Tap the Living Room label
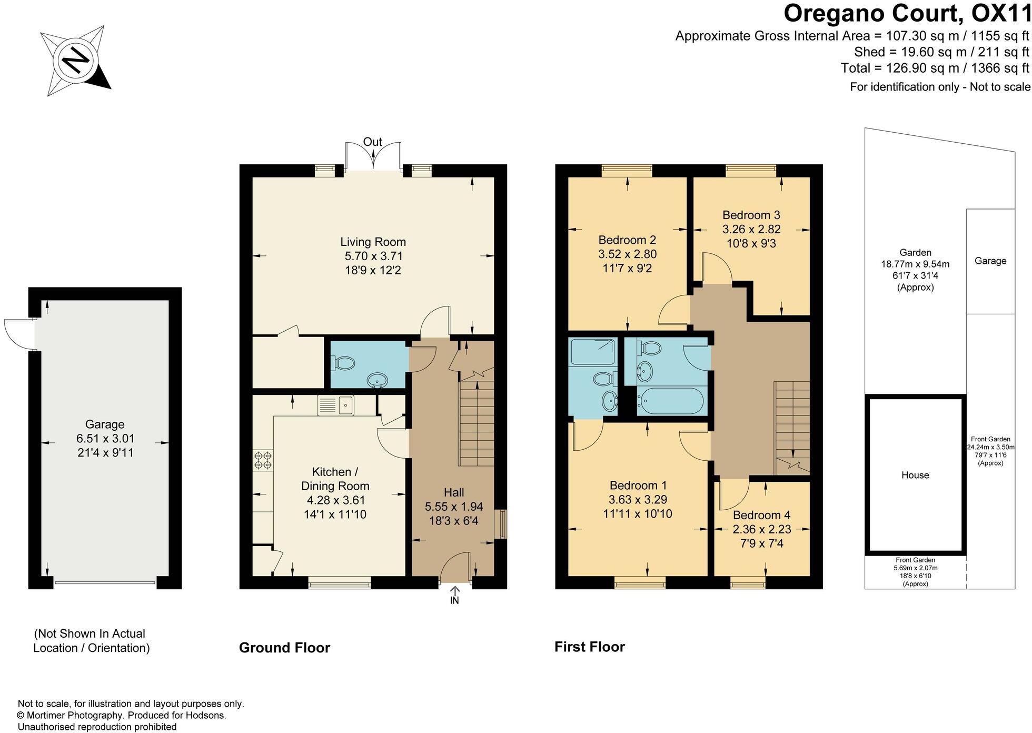373,242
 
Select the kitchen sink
336,405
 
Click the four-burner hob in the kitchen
263,460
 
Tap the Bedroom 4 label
761,515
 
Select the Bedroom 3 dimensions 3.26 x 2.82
751,230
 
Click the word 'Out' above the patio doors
373,142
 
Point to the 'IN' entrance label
454,600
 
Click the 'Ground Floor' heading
284,648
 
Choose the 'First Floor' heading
590,647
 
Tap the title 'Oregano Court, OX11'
907,13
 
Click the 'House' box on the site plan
915,475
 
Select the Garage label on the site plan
990,261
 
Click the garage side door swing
18,334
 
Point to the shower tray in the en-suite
593,352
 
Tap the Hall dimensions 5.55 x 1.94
454,507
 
